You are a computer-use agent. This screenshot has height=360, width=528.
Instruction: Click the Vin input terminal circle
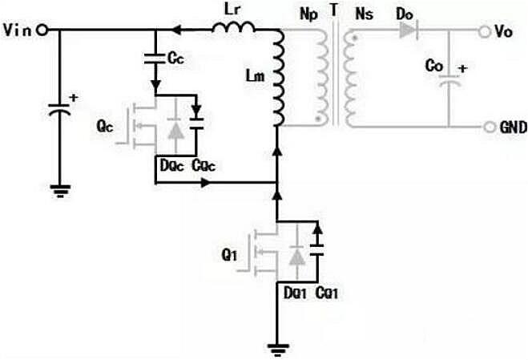pos(42,30)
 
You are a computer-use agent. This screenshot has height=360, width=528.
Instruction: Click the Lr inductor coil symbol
pos(233,30)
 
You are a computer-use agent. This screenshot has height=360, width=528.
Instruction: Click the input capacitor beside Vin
pos(60,107)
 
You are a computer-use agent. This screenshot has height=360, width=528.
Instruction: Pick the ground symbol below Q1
pos(276,350)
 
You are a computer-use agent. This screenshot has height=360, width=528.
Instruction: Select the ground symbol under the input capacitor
pos(60,190)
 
